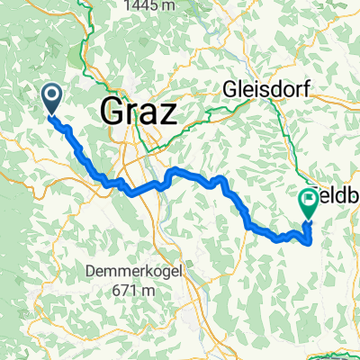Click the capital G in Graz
[112, 112]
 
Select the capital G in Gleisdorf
[229, 90]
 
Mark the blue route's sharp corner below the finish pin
[310, 241]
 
